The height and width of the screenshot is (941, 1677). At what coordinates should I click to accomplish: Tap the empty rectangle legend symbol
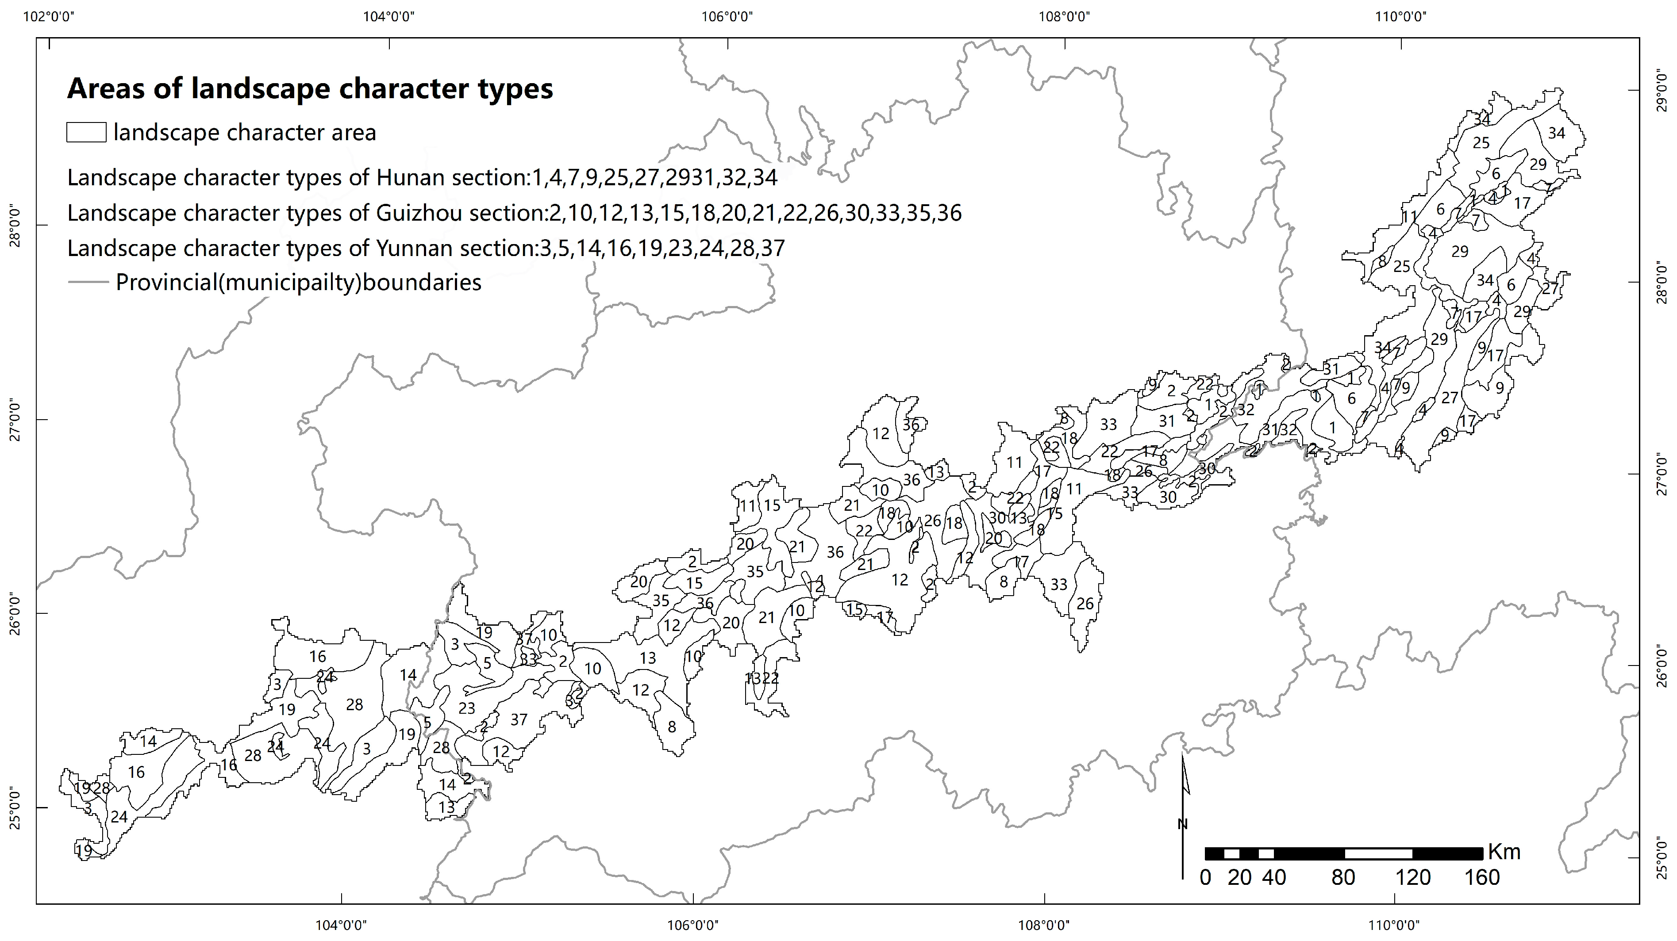(86, 132)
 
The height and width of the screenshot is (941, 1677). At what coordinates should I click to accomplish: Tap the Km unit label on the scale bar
(1504, 853)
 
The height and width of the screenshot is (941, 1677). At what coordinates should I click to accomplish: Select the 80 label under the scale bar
(1343, 878)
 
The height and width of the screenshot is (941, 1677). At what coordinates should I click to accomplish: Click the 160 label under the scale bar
(1482, 878)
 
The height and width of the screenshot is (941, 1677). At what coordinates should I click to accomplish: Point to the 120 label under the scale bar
(1413, 878)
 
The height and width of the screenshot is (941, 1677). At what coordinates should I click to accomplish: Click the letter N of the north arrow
(1183, 825)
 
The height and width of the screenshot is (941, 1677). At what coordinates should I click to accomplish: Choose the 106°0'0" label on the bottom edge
(693, 925)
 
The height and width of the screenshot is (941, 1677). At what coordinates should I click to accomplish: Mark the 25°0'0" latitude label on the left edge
(14, 807)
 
